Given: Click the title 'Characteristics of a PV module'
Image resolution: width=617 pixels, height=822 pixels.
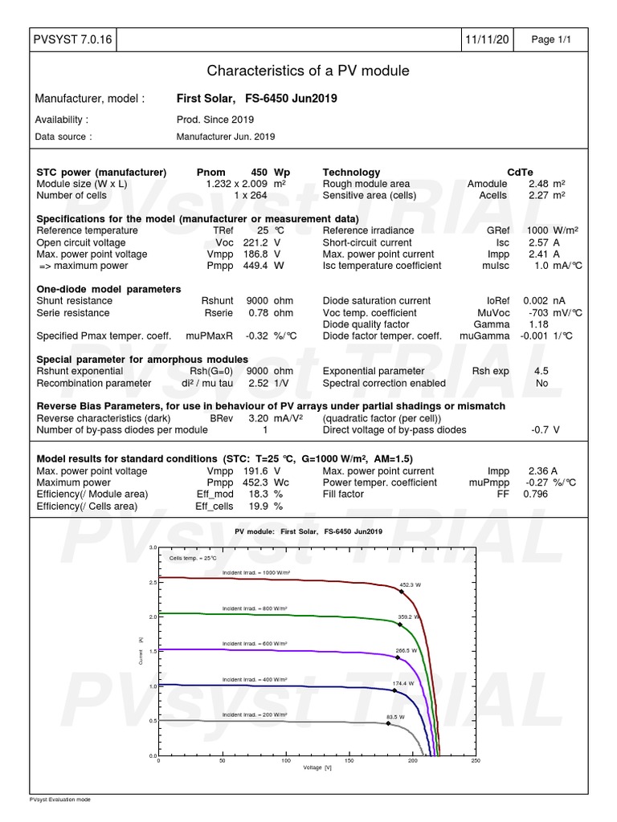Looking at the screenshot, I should click(x=308, y=71).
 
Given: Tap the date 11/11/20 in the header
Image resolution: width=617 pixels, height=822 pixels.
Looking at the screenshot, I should click(x=486, y=40).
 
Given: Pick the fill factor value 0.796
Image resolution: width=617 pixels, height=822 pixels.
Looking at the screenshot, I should click(x=536, y=494).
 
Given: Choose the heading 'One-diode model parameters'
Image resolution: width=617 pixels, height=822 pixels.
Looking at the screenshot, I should click(x=109, y=289).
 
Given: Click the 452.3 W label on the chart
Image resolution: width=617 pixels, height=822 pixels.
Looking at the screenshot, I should click(x=410, y=585).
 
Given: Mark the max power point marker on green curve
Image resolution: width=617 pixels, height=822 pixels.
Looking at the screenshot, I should click(x=400, y=624).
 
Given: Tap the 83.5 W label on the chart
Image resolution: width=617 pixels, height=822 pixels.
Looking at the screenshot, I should click(x=392, y=716).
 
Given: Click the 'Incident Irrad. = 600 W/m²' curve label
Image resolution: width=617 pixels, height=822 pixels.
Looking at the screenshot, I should click(x=255, y=644).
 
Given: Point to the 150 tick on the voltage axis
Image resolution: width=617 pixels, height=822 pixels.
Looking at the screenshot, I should click(x=349, y=761).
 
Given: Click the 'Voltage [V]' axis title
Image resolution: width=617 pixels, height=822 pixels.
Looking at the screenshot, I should click(x=317, y=768).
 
